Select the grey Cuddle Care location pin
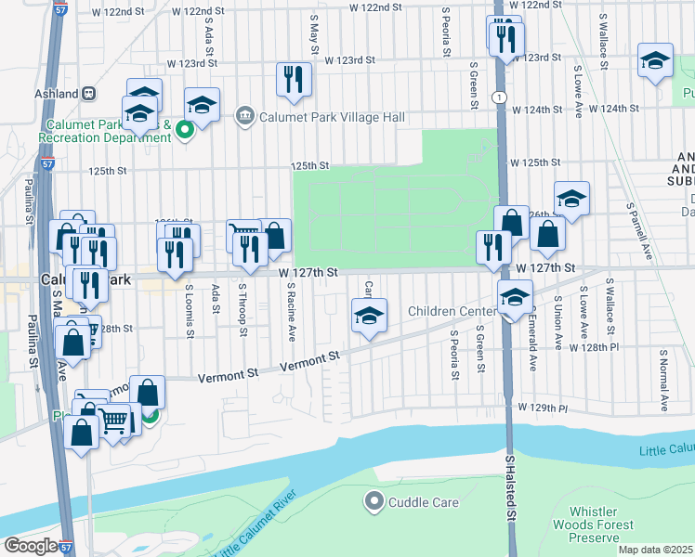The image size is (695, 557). [374, 502]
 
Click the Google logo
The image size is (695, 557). [30, 546]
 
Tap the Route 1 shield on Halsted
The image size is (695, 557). [500, 97]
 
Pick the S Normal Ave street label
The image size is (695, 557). [663, 381]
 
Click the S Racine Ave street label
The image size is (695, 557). [291, 313]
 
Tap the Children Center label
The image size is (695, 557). [453, 311]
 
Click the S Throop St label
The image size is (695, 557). [243, 310]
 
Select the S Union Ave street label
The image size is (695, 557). [557, 322]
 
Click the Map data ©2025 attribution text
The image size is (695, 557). [656, 550]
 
